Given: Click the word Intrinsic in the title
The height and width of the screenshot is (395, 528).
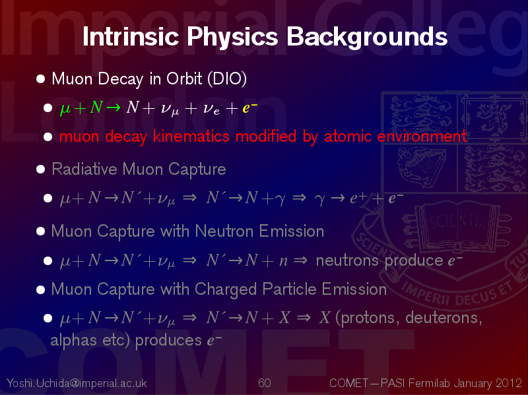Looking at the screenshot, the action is click(131, 36).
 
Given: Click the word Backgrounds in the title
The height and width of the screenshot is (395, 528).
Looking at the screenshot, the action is click(367, 37).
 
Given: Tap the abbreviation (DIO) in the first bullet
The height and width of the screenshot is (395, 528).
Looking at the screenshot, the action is click(227, 78).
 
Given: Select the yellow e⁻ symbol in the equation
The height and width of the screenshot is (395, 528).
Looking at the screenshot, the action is click(250, 107).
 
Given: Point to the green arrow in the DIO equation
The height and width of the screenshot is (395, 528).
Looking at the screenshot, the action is click(113, 107).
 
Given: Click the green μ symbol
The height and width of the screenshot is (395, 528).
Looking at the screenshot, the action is click(65, 109).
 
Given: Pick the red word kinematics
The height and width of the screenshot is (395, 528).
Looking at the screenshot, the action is click(191, 137).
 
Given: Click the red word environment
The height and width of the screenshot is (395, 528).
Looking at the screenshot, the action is click(422, 137).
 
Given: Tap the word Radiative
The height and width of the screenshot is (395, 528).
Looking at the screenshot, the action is click(84, 169).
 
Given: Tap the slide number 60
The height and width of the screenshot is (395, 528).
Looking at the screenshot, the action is click(265, 383).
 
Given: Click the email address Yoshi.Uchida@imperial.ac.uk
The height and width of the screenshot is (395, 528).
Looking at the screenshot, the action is click(77, 383).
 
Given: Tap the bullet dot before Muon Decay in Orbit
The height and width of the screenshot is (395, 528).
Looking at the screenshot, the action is click(41, 78).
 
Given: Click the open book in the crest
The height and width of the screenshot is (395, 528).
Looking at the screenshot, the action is click(457, 224).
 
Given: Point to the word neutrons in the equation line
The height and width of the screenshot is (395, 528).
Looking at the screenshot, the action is click(347, 260).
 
